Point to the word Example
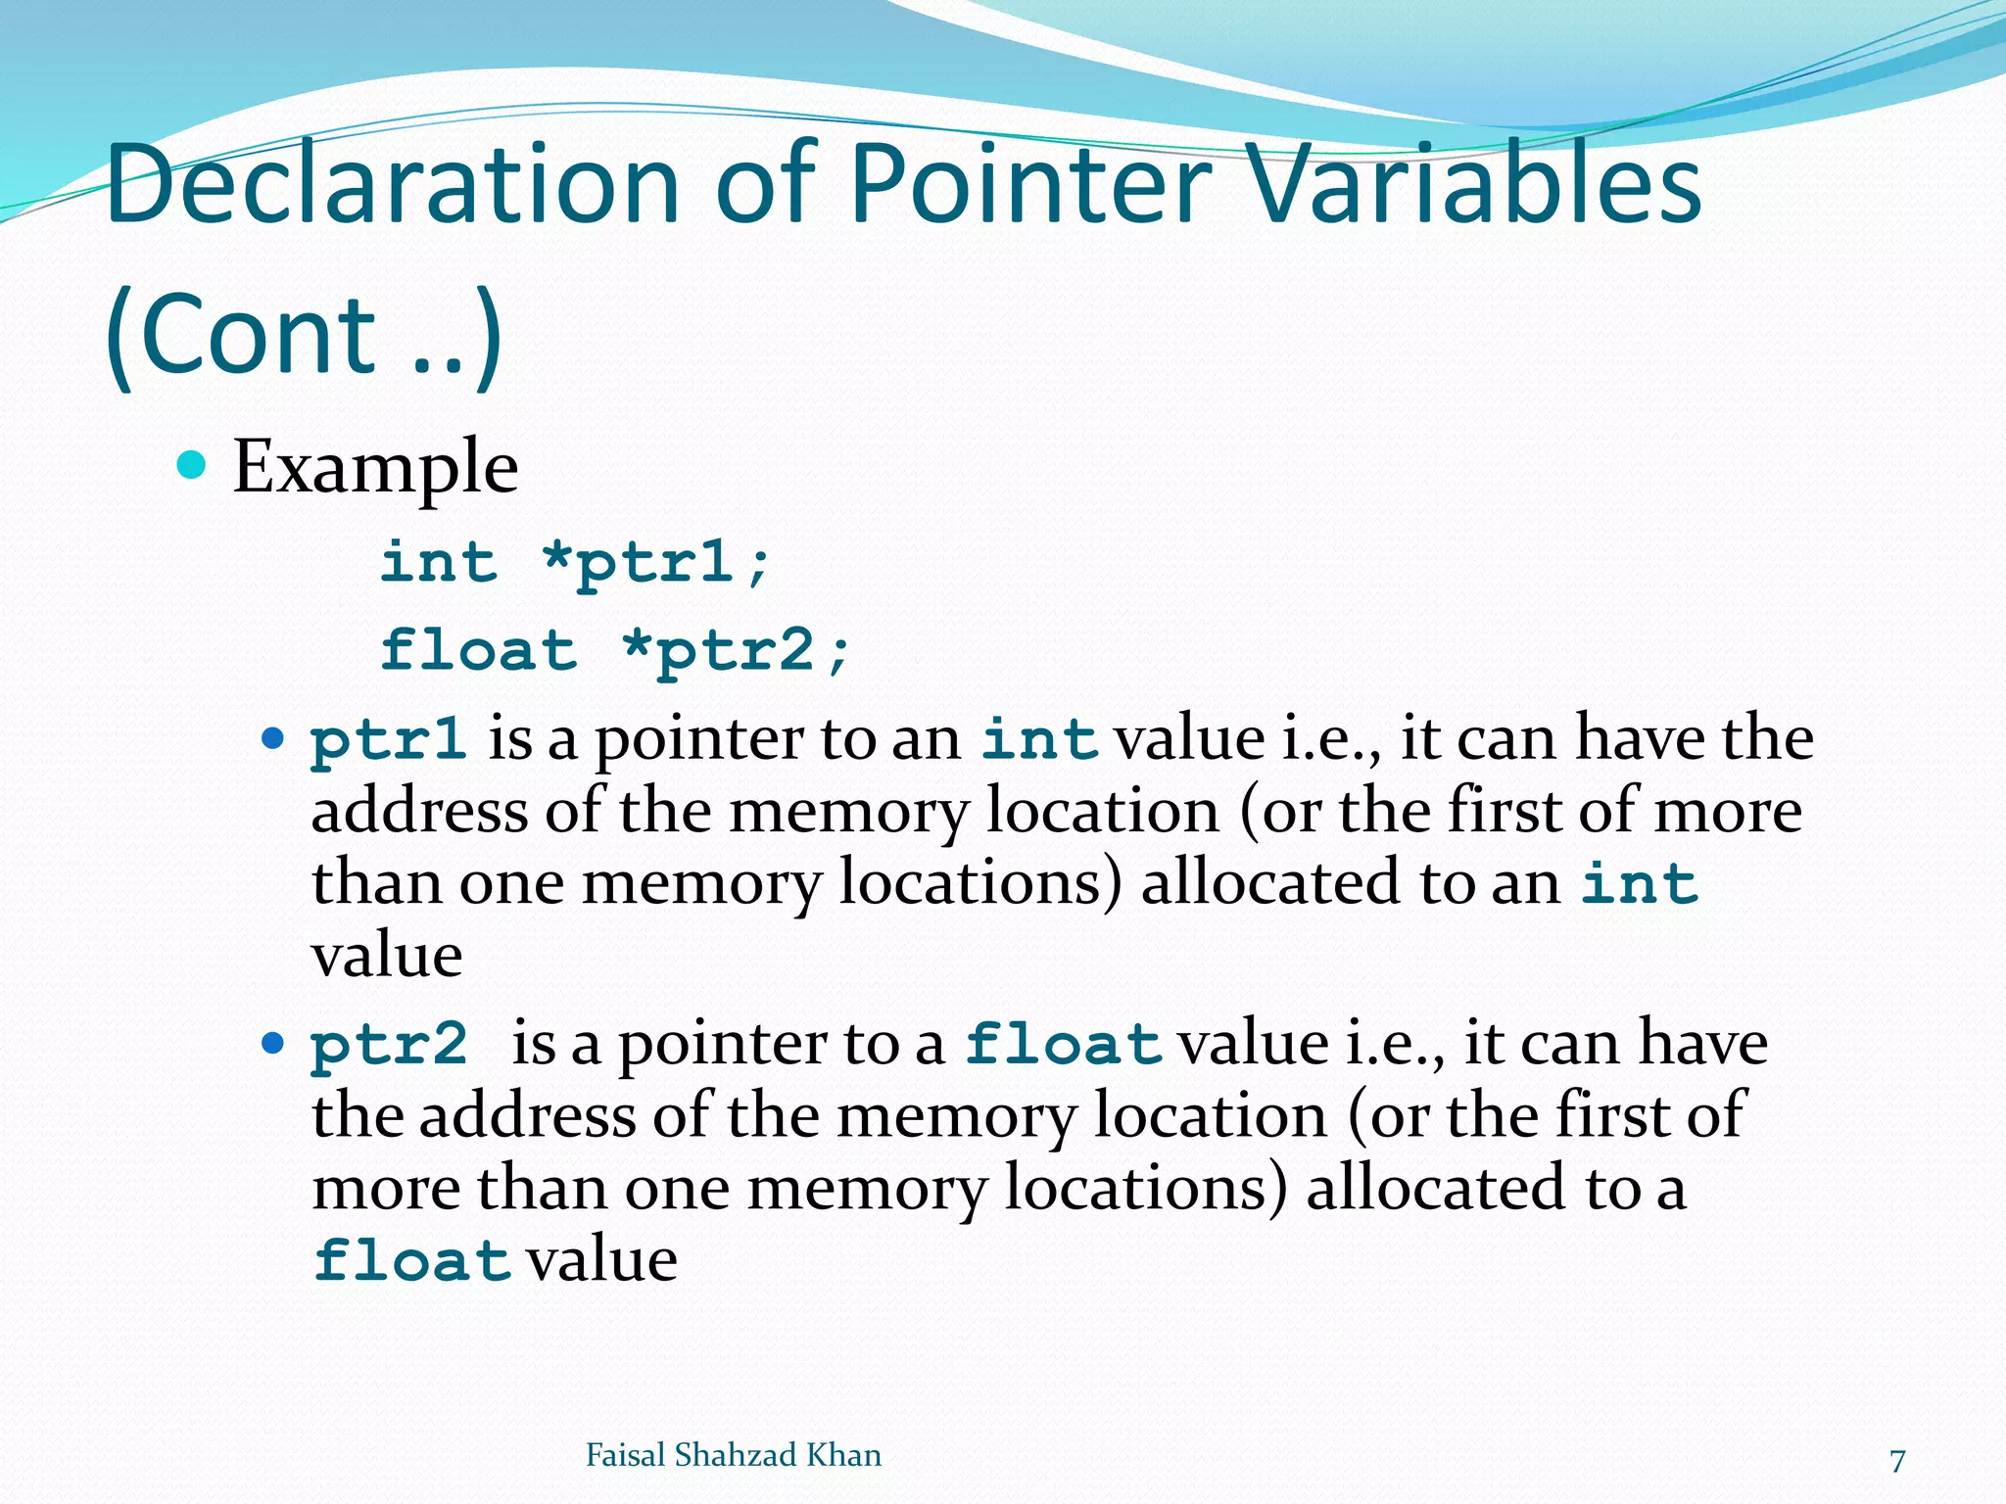pyautogui.click(x=375, y=467)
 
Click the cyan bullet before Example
pyautogui.click(x=191, y=464)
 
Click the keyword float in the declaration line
pyautogui.click(x=479, y=651)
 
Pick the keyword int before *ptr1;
pyautogui.click(x=439, y=563)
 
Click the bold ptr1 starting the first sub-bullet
pyautogui.click(x=388, y=740)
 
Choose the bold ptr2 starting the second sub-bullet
pyautogui.click(x=389, y=1045)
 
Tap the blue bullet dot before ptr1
pyautogui.click(x=273, y=738)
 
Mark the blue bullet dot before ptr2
pyautogui.click(x=273, y=1043)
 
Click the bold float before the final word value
pyautogui.click(x=411, y=1261)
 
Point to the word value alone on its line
pyautogui.click(x=387, y=956)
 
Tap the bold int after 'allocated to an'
pyautogui.click(x=1640, y=884)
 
